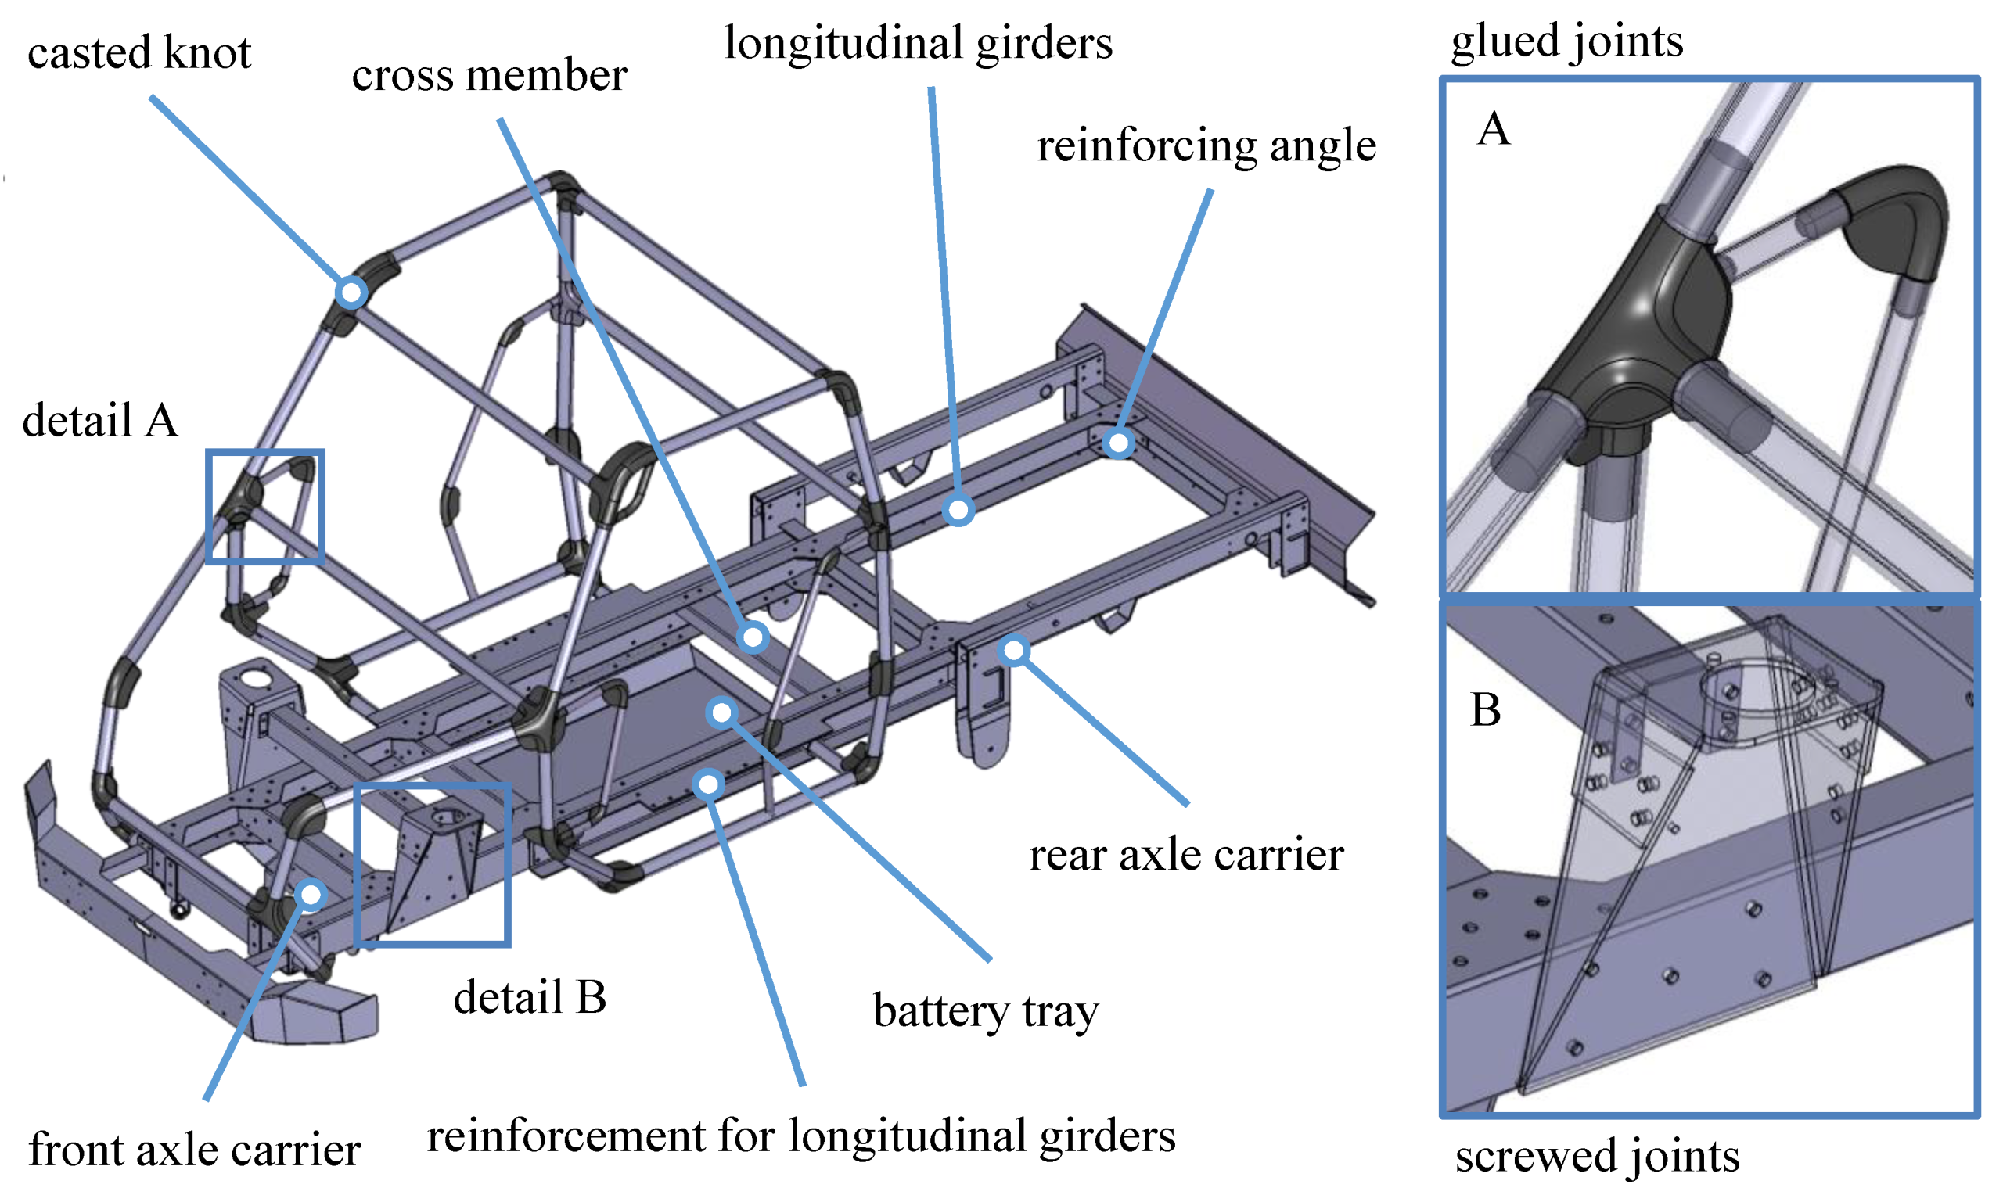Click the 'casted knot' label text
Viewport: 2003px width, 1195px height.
coord(138,53)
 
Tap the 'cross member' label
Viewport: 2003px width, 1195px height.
coord(489,76)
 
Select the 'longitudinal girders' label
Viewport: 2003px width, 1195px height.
coord(918,44)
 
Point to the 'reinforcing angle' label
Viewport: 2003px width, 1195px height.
coord(1206,146)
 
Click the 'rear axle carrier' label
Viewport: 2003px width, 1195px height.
coord(1185,855)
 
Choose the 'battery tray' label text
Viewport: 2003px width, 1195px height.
coord(985,1011)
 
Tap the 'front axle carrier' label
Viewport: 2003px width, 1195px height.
coord(194,1150)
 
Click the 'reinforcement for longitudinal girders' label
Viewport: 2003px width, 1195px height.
coord(800,1136)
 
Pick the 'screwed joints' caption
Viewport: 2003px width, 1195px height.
coord(1597,1156)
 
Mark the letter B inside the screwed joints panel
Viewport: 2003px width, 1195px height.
coord(1485,710)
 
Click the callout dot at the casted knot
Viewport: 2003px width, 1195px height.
coord(351,292)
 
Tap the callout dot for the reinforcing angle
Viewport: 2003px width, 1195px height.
coord(1118,442)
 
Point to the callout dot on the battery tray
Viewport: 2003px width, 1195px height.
coord(721,712)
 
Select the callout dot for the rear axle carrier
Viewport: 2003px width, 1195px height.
coord(1014,650)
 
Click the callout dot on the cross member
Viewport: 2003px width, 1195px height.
coord(753,637)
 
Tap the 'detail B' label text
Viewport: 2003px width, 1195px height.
coord(529,998)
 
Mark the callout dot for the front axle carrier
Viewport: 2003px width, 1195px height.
coord(310,894)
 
